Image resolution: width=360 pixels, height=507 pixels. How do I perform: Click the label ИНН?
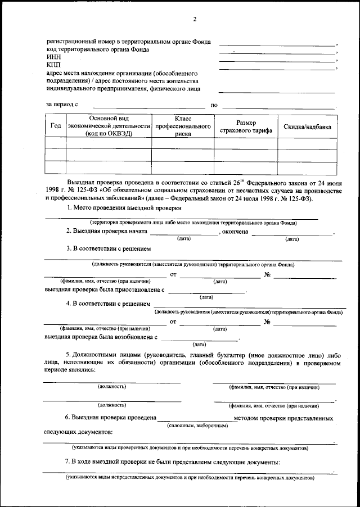[x=52, y=57]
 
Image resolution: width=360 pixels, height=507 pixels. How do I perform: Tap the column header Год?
[x=56, y=126]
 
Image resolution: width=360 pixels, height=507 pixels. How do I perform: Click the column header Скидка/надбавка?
[x=307, y=126]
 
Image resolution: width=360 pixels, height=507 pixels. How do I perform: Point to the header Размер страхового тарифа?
[x=246, y=126]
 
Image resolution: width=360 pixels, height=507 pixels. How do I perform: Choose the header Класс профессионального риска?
[x=183, y=126]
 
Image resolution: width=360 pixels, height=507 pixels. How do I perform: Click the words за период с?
[x=61, y=105]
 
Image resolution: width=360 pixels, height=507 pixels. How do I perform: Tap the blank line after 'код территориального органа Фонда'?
[x=277, y=52]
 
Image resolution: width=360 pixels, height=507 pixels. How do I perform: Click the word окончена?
[x=235, y=231]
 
